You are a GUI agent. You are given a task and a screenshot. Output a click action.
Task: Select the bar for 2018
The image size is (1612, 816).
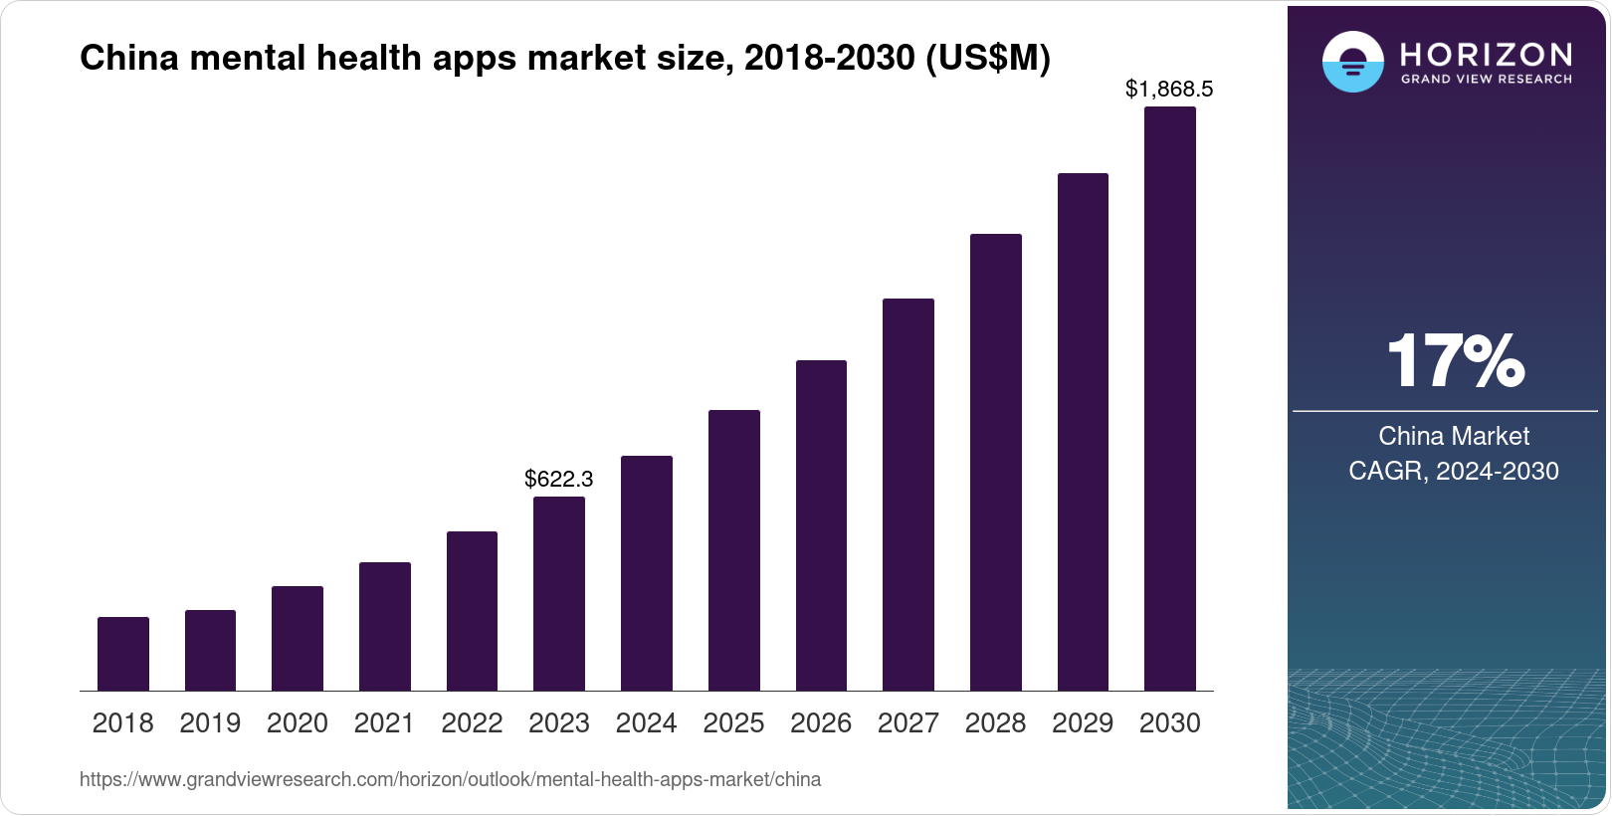point(123,654)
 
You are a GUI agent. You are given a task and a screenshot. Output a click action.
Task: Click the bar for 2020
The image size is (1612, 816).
point(298,638)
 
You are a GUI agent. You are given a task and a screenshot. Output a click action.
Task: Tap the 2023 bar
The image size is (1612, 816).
point(559,593)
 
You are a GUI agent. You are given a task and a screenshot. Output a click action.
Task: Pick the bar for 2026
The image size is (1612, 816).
point(821,525)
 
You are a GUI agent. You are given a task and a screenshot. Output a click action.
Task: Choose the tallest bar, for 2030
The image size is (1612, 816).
point(1170,398)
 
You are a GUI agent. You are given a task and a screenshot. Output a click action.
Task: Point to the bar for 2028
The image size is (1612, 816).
point(996,462)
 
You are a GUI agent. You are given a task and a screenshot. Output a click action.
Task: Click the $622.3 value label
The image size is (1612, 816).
point(559,479)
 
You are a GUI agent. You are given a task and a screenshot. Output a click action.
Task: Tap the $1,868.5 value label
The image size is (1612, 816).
point(1169,89)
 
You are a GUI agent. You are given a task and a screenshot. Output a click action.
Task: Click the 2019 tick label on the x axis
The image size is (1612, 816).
point(210,723)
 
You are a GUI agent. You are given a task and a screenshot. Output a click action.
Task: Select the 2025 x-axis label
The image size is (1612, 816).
point(733,723)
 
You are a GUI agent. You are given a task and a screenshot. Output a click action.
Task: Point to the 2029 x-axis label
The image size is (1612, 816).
point(1083,723)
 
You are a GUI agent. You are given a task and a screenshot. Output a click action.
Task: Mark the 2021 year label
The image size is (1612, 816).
point(384,723)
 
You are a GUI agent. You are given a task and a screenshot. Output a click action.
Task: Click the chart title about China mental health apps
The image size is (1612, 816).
point(564,59)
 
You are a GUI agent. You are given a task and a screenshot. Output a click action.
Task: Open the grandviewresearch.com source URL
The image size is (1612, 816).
point(450,779)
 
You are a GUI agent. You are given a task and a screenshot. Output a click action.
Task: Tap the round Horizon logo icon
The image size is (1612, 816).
point(1352,63)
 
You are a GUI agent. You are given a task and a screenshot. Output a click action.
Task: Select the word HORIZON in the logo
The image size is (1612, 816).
point(1487,54)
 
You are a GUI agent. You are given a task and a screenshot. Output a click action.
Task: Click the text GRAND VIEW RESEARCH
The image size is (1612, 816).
point(1487,79)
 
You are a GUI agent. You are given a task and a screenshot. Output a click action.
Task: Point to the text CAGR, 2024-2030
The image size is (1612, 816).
point(1454,471)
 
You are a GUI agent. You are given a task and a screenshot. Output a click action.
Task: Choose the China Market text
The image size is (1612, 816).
point(1454,436)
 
